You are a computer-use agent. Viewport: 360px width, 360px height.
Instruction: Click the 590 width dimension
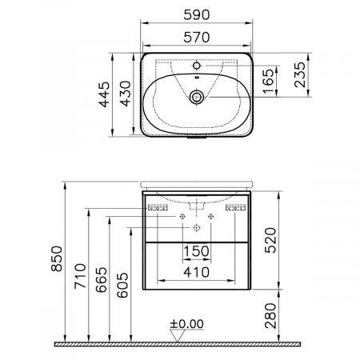(197, 15)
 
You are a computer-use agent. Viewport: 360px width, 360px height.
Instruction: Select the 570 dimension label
(197, 38)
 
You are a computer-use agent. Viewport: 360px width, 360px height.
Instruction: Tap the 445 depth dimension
(104, 94)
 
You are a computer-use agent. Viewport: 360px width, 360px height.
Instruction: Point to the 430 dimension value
(125, 94)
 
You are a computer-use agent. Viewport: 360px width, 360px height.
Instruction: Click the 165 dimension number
(268, 81)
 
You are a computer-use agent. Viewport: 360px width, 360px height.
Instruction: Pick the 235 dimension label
(300, 74)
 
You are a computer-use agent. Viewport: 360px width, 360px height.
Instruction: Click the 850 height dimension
(57, 258)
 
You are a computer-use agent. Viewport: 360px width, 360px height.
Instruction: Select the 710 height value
(80, 276)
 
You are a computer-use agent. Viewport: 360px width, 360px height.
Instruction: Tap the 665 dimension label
(102, 280)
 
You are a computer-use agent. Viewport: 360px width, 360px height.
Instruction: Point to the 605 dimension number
(122, 285)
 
